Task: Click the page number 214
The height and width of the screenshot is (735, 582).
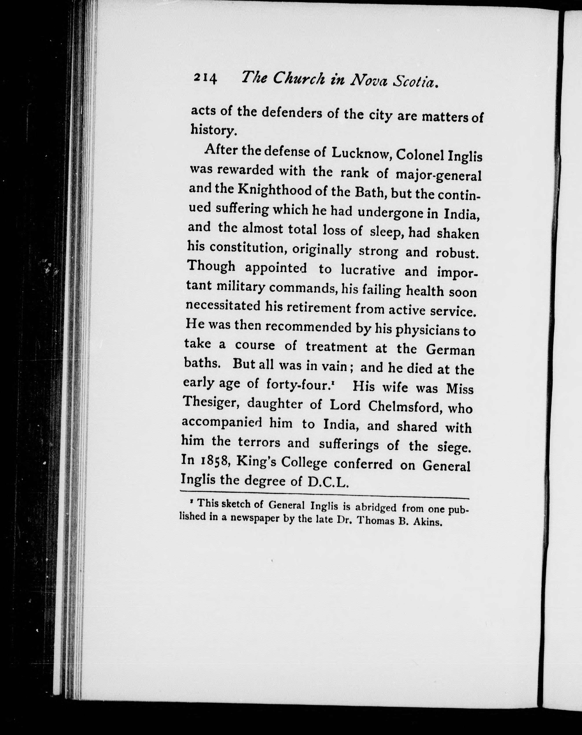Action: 205,79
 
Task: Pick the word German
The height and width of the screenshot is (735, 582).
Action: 450,350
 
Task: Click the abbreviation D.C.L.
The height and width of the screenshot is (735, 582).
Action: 328,482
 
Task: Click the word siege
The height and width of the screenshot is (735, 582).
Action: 453,447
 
